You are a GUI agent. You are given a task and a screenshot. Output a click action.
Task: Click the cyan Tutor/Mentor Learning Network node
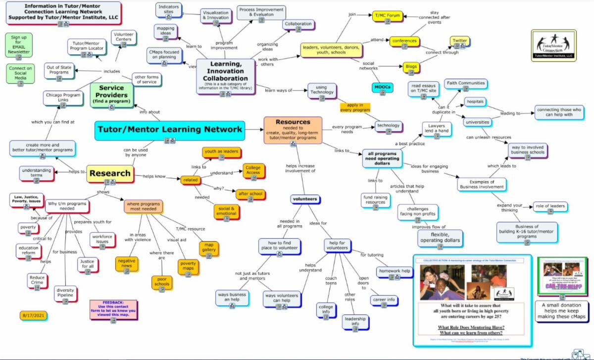click(170, 130)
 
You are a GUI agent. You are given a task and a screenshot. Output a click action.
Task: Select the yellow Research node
click(110, 173)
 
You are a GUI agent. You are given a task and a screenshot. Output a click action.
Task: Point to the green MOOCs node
click(383, 88)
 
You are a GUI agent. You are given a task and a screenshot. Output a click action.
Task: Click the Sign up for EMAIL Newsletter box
click(20, 45)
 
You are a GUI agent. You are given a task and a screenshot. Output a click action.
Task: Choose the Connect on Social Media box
click(20, 73)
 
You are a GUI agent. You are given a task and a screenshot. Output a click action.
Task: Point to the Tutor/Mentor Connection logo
click(553, 46)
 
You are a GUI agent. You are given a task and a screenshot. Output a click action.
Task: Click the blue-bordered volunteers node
click(304, 200)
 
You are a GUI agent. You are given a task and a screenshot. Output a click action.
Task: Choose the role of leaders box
click(550, 207)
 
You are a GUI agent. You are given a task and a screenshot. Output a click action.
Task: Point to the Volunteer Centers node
click(124, 38)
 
